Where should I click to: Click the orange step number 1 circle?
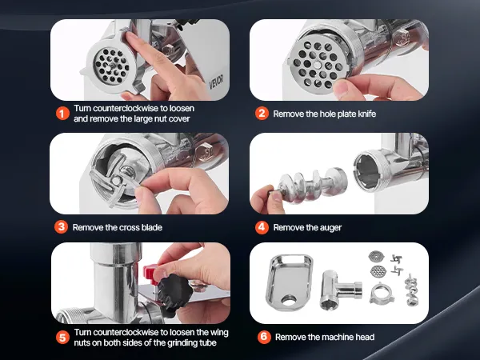tap(62, 114)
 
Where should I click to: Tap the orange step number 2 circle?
tap(262, 114)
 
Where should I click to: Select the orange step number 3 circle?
tap(62, 227)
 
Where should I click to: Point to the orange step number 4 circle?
tap(262, 227)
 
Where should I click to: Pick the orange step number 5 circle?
tap(62, 338)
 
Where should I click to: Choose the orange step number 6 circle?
tap(264, 337)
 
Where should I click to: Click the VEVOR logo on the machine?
tap(217, 82)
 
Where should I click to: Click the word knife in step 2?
tap(367, 114)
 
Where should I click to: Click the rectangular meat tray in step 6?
tap(289, 282)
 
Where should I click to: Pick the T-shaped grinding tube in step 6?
tap(341, 290)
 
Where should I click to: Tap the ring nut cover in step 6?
tap(382, 294)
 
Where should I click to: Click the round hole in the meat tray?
tap(288, 300)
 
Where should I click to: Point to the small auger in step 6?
tap(411, 290)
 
